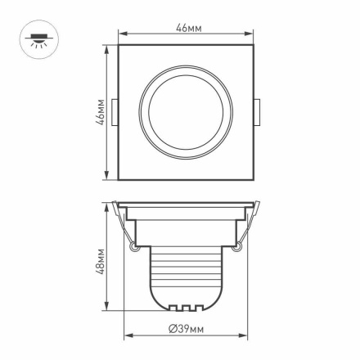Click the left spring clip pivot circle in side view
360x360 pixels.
click(x=133, y=244)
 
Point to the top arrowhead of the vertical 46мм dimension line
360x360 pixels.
click(x=107, y=47)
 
